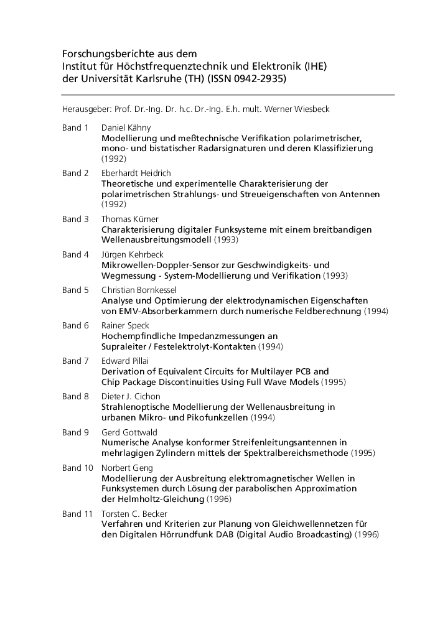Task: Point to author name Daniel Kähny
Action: tap(122, 128)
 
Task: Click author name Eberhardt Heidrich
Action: tap(136, 173)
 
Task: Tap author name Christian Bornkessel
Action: tap(139, 290)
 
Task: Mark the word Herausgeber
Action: tap(87, 109)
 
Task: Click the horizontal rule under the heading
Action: tap(228, 95)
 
